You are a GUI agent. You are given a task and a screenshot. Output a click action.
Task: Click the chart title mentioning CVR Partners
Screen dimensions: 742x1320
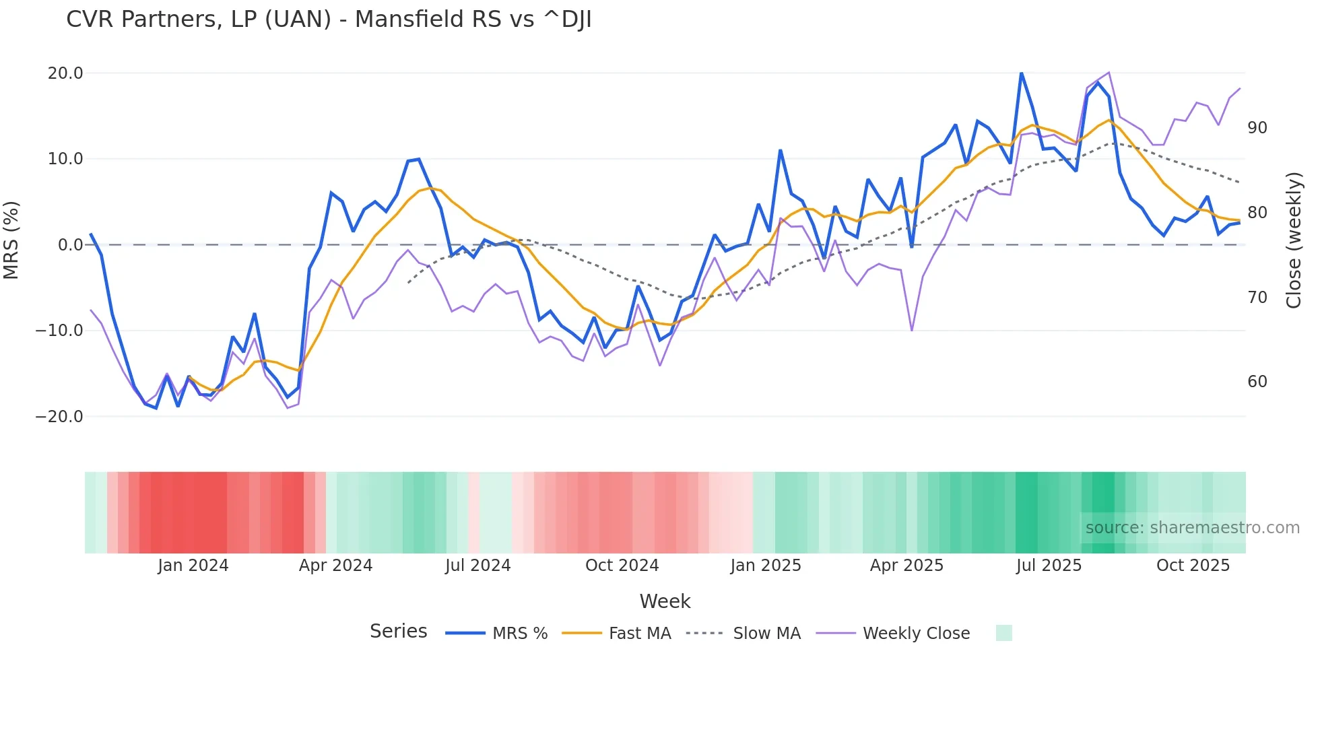click(x=329, y=20)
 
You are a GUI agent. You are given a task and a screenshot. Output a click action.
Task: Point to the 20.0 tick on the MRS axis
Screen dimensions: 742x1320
click(x=65, y=73)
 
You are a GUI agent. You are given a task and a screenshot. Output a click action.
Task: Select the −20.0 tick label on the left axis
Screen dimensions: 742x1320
click(x=59, y=417)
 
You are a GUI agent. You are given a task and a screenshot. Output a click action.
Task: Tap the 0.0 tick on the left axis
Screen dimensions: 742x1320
click(x=70, y=245)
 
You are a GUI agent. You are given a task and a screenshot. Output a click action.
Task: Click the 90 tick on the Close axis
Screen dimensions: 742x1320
click(x=1257, y=128)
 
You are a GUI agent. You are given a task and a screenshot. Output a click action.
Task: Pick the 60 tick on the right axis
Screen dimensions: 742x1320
click(x=1257, y=382)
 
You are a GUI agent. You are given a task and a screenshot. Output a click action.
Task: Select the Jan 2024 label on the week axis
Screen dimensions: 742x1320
click(x=193, y=566)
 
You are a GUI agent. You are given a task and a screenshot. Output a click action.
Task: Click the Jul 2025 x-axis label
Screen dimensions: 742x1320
click(x=1049, y=566)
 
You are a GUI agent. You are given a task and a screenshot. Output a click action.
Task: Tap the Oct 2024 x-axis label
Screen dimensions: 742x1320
click(x=622, y=566)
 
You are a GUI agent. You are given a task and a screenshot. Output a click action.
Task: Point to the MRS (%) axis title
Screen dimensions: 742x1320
click(x=11, y=240)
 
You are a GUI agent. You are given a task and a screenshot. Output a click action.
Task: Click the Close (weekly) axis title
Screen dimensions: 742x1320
click(x=1294, y=240)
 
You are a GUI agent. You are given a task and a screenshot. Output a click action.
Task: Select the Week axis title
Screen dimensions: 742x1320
click(x=665, y=601)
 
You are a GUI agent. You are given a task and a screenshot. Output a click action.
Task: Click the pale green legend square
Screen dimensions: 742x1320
click(x=1003, y=633)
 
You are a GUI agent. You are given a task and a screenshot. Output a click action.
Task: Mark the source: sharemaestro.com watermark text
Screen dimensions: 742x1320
click(x=1192, y=528)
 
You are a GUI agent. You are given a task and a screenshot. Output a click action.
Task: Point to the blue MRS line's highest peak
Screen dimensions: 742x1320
click(x=1021, y=73)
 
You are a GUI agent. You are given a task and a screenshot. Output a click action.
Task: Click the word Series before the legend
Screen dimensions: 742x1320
click(x=398, y=632)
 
